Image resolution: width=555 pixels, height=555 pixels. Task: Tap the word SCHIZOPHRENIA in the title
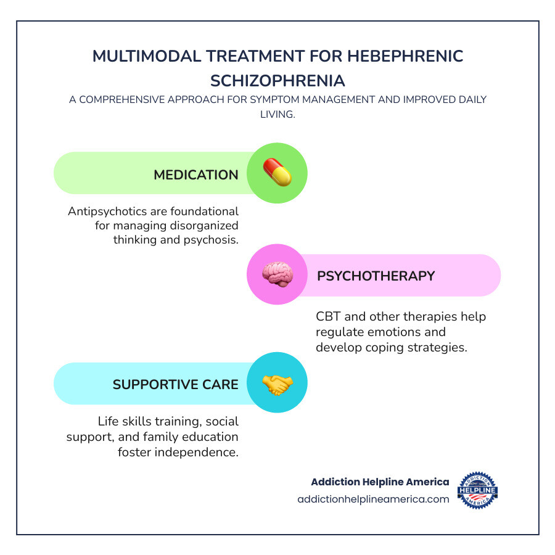click(277, 81)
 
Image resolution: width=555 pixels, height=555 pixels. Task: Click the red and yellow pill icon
click(277, 173)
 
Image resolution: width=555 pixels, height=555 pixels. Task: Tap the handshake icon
click(277, 384)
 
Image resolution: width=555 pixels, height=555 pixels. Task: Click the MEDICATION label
click(196, 175)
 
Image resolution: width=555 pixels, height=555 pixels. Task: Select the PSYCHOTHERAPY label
click(376, 276)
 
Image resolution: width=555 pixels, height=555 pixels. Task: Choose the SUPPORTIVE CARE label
click(175, 384)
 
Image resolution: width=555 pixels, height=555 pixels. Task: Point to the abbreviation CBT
click(328, 317)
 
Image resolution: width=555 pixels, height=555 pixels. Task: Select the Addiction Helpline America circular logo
click(477, 490)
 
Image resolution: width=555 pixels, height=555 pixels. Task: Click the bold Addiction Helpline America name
click(380, 482)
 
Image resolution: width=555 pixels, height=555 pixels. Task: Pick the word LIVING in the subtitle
click(277, 114)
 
